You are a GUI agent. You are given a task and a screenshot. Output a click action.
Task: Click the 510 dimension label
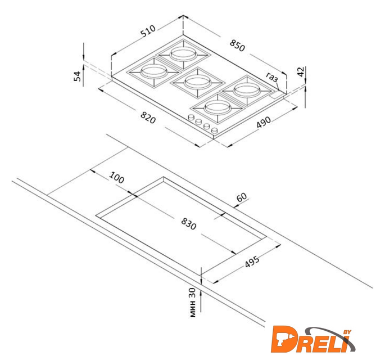(x=148, y=31)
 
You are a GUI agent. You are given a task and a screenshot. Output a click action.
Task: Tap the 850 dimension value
(x=237, y=46)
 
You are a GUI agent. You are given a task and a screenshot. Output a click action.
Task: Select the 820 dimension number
(x=148, y=118)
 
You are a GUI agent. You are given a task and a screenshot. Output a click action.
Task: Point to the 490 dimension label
(x=264, y=122)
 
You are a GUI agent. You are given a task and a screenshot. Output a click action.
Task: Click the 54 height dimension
(x=77, y=76)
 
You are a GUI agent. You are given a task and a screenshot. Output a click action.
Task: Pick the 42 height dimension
(x=301, y=72)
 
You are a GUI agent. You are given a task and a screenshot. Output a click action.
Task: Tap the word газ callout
(x=272, y=77)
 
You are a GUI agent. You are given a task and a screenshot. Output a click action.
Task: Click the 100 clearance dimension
(x=117, y=177)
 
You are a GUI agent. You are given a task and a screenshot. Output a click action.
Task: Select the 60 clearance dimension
(x=242, y=197)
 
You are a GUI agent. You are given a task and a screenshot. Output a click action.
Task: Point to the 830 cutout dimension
(x=189, y=224)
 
